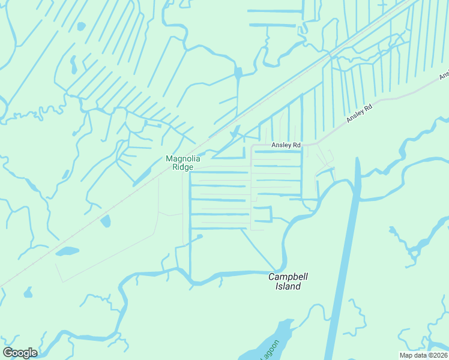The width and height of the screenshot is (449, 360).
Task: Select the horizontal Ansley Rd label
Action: tap(286, 145)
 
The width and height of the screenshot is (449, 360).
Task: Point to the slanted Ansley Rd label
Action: tap(360, 113)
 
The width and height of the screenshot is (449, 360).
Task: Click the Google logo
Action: tap(20, 353)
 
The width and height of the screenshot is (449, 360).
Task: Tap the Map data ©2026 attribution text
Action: tap(423, 355)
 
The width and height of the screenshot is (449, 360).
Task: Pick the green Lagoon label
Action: tap(270, 350)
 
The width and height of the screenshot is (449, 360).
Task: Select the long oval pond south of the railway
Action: tap(67, 251)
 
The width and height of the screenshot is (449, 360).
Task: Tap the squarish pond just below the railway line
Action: tap(106, 221)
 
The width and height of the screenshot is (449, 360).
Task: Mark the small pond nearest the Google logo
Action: tap(28, 293)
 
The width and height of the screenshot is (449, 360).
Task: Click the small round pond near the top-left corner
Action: tap(81, 26)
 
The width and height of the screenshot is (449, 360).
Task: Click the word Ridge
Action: tap(182, 167)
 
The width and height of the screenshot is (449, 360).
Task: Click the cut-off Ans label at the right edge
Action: tap(444, 76)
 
